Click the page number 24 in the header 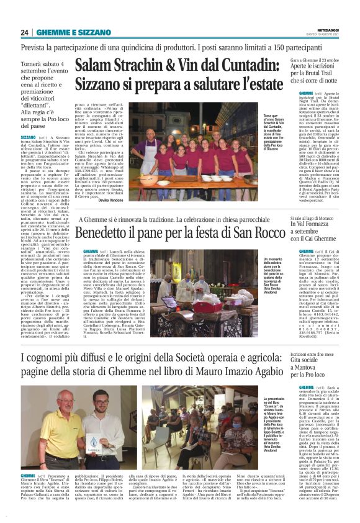click(25, 32)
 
